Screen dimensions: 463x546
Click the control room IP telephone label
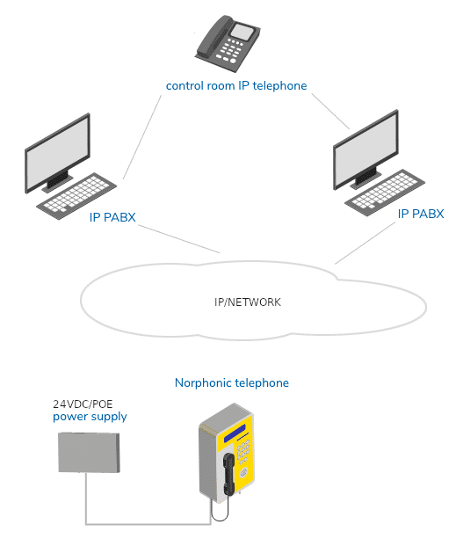pyautogui.click(x=236, y=85)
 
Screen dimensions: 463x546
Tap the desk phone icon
pyautogui.click(x=228, y=43)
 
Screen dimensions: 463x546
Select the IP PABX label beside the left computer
pyautogui.click(x=112, y=217)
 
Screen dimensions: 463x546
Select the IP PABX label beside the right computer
pyautogui.click(x=421, y=214)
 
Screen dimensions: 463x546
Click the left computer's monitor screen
pyautogui.click(x=58, y=152)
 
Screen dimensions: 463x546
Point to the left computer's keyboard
pyautogui.click(x=76, y=195)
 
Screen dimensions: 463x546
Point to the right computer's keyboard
pyautogui.click(x=385, y=192)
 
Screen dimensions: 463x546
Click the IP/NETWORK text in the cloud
pyautogui.click(x=248, y=302)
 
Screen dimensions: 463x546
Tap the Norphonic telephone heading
pyautogui.click(x=232, y=382)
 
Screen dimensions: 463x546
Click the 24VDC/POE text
pyautogui.click(x=83, y=404)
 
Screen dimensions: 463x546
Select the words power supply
pyautogui.click(x=90, y=417)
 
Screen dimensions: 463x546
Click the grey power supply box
pyautogui.click(x=89, y=452)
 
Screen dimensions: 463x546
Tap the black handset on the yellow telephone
pyautogui.click(x=228, y=474)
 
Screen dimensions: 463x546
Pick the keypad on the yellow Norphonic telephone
pyautogui.click(x=243, y=451)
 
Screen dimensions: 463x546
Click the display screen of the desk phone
pyautogui.click(x=243, y=32)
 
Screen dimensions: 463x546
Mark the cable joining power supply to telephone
pyautogui.click(x=148, y=523)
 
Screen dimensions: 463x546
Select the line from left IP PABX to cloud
pyautogui.click(x=179, y=239)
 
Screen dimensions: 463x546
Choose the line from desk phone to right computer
pyautogui.click(x=330, y=112)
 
